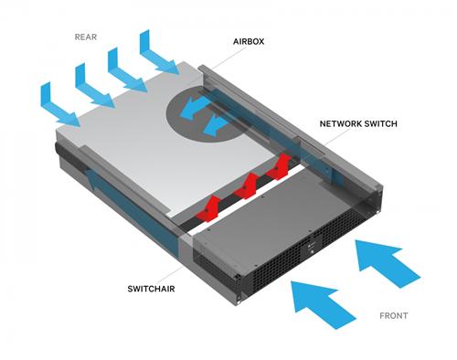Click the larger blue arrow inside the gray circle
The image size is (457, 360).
pos(194,111)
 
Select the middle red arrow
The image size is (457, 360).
pos(248,185)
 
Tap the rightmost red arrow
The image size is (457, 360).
pos(282,165)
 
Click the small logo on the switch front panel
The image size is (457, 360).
pos(311,244)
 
